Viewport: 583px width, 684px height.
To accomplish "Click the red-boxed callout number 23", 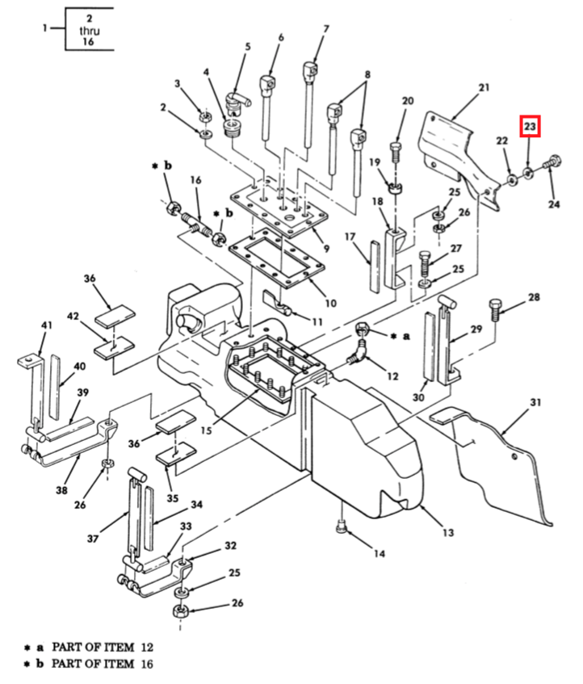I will pyautogui.click(x=529, y=127).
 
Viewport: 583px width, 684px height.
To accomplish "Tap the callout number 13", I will pyautogui.click(x=448, y=532).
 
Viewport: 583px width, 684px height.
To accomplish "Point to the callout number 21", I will pyautogui.click(x=484, y=87).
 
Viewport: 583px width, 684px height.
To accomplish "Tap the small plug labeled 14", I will pyautogui.click(x=342, y=528).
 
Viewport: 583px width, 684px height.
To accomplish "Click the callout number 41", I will pyautogui.click(x=46, y=325).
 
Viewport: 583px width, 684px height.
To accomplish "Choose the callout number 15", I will pyautogui.click(x=206, y=430).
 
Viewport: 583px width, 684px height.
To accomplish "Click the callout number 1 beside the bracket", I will pyautogui.click(x=45, y=29).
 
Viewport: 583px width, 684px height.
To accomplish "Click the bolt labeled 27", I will pyautogui.click(x=426, y=261).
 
